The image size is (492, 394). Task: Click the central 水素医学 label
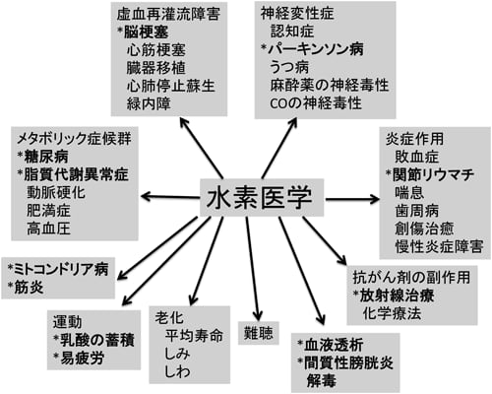[x=259, y=197]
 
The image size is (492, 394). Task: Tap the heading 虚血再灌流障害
[x=168, y=14]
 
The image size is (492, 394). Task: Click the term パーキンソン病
[x=316, y=49]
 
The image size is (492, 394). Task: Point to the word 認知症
[x=292, y=32]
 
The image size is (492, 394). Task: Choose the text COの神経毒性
[x=316, y=103]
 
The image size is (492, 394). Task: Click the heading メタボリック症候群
[x=74, y=139]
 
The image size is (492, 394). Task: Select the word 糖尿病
[x=46, y=157]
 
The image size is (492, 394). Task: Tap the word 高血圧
[x=48, y=229]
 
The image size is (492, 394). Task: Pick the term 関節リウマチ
[x=434, y=174]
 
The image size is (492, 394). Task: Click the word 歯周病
[x=416, y=211]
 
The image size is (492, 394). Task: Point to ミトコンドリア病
[x=61, y=270]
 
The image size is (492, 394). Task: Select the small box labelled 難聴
[x=259, y=333]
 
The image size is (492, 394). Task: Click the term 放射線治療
[x=398, y=295]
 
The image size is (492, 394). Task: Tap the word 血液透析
[x=334, y=345]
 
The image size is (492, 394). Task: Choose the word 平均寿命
[x=194, y=336]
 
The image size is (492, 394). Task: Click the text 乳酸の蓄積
[x=97, y=340]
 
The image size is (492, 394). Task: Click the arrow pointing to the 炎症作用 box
[x=352, y=199]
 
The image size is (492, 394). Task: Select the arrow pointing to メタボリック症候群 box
[x=170, y=197]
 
